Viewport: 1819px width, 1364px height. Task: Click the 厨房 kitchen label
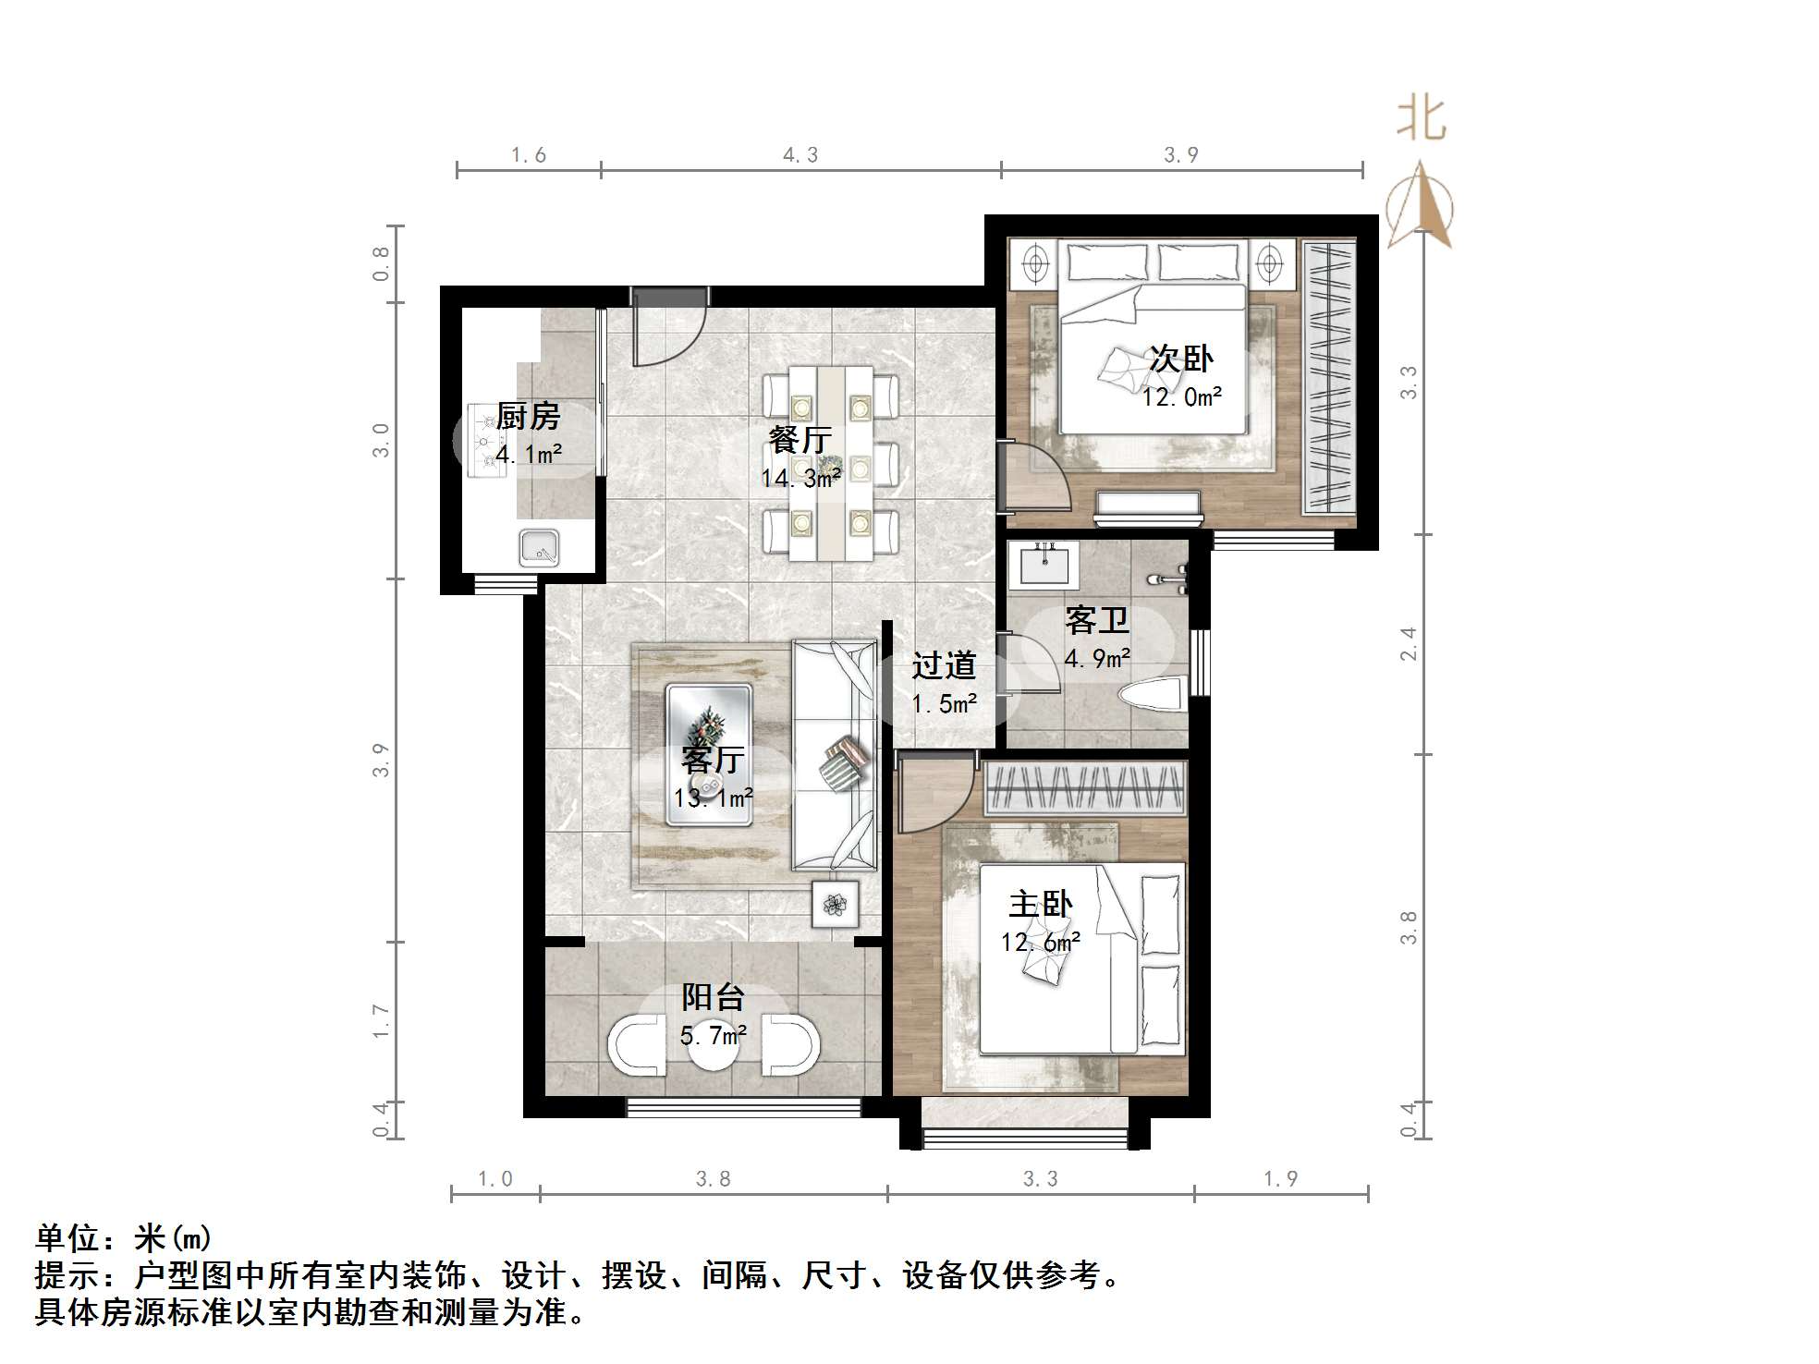coord(528,416)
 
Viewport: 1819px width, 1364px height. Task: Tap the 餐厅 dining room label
coord(800,439)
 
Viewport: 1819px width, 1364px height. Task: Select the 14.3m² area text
coord(800,478)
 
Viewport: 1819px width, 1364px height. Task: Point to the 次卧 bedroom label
coord(1181,359)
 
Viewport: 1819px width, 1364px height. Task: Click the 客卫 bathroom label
coord(1097,620)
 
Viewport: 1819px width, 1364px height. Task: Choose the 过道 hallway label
coord(944,665)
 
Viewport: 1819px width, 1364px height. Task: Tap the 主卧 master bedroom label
coord(1041,904)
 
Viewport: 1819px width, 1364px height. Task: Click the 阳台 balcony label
coord(713,997)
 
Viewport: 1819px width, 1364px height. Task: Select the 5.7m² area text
coord(714,1036)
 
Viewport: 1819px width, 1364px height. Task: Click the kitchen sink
coord(539,547)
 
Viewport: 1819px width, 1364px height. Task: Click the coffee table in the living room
coord(709,754)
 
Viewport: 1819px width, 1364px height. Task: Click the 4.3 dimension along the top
coord(800,155)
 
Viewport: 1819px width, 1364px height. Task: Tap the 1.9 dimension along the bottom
coord(1280,1179)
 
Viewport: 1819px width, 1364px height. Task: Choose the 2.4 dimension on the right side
coord(1408,644)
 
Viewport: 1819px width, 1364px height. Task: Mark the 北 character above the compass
coord(1422,121)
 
